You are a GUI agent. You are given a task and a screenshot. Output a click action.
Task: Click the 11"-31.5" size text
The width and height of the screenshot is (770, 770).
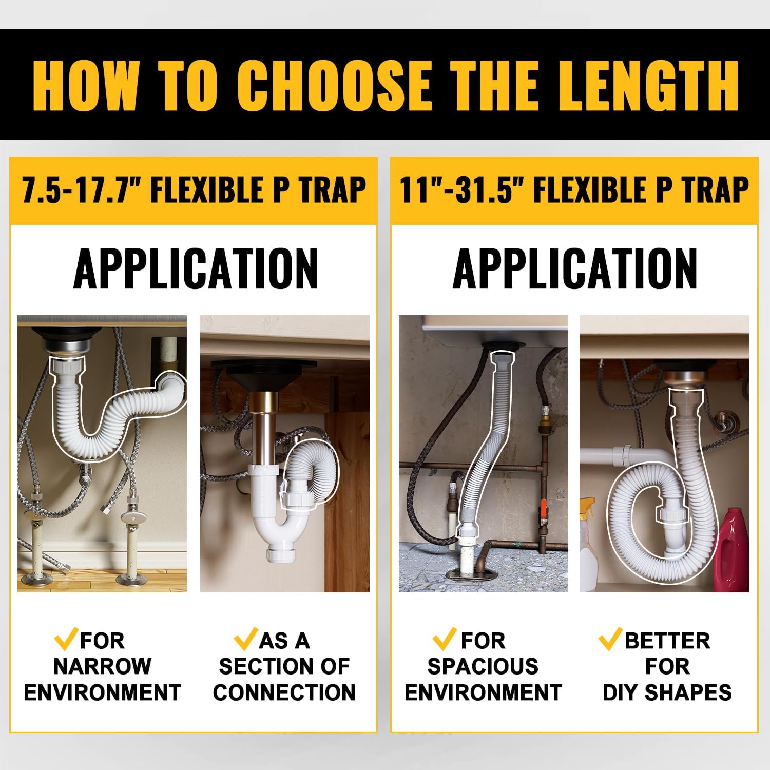(462, 190)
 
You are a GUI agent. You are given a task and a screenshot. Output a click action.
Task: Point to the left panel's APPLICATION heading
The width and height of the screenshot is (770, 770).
(196, 268)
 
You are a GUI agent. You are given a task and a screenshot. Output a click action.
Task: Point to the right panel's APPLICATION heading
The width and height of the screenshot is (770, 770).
(574, 268)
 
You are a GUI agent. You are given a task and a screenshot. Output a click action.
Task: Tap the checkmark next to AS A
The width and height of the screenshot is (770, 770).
(246, 639)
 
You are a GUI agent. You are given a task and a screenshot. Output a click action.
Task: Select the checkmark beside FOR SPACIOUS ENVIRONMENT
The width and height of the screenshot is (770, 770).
(445, 639)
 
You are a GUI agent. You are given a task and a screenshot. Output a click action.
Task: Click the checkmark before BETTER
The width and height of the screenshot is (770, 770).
(610, 639)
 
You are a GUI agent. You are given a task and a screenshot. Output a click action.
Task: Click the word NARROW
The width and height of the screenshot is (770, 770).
(102, 666)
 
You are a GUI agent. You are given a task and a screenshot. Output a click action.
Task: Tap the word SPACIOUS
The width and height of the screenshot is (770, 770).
(483, 666)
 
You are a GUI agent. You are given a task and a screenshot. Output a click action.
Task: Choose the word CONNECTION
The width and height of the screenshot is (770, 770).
(284, 692)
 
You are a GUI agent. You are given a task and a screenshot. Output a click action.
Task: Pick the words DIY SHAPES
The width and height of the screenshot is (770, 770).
(667, 692)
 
